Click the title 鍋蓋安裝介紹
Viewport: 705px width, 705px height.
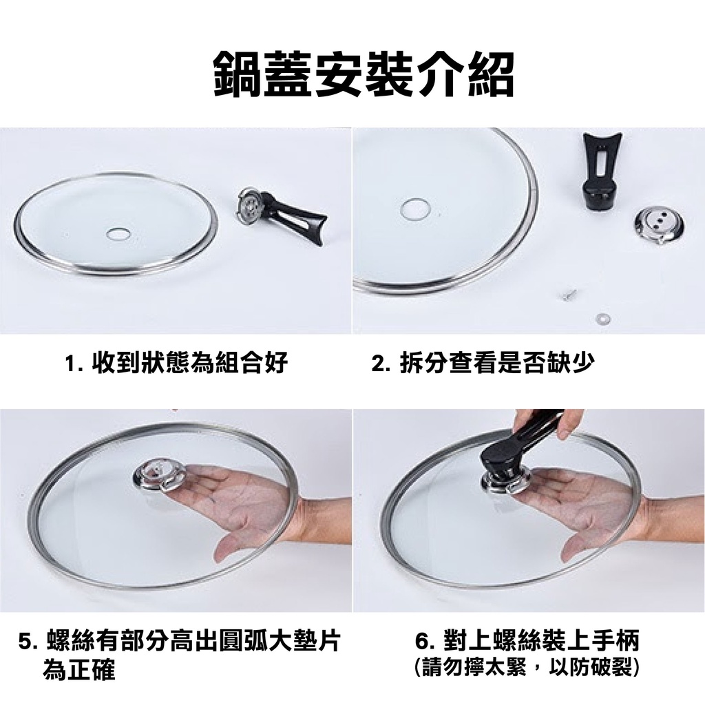[x=364, y=74]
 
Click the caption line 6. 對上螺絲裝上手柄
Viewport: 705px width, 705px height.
[x=527, y=641]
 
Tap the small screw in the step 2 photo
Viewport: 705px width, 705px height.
[x=565, y=295]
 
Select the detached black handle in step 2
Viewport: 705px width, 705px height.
[x=600, y=171]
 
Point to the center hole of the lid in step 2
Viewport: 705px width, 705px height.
[x=415, y=209]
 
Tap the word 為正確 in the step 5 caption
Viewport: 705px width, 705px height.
[x=78, y=669]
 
